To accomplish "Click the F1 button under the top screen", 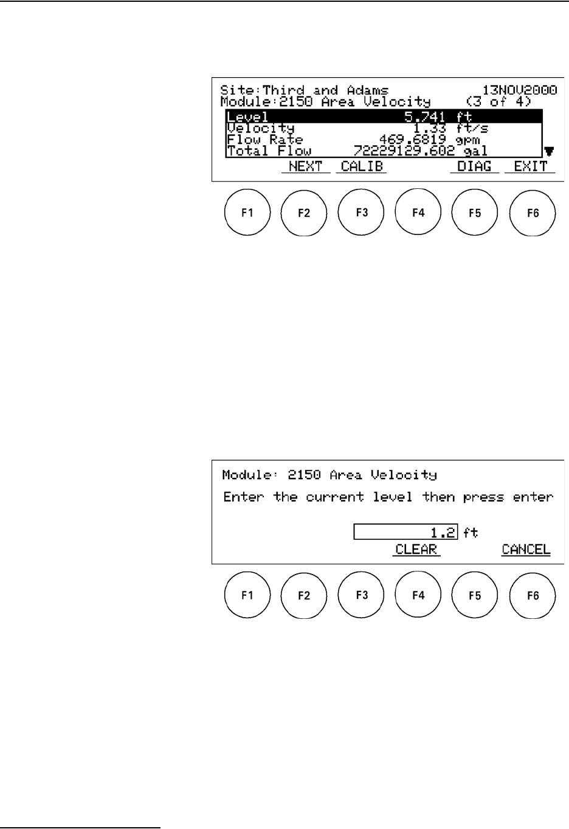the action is [x=247, y=213].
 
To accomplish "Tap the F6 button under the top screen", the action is [x=533, y=213].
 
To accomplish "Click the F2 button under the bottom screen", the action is [x=304, y=595].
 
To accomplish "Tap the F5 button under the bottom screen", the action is [x=475, y=595].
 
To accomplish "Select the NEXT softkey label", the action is [x=305, y=166].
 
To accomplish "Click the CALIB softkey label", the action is [x=362, y=166].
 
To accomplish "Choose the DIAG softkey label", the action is [x=474, y=166].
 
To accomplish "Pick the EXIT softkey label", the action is [x=530, y=166].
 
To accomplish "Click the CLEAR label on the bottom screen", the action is [x=416, y=550].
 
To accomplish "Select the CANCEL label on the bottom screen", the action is [x=526, y=550].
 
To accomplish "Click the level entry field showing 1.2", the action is [x=405, y=533].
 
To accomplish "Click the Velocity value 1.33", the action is [x=429, y=128].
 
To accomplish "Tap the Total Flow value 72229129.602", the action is [x=404, y=151].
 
